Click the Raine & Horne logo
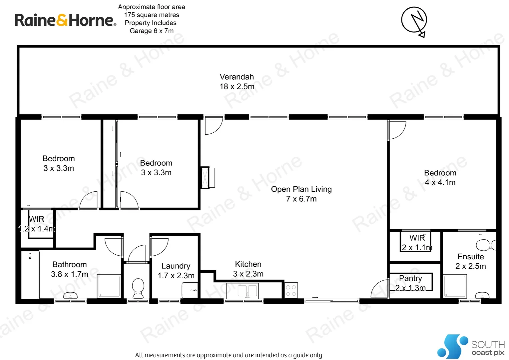[x=65, y=20]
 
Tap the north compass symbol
[x=414, y=21]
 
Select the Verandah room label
[x=237, y=77]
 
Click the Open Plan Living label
[x=301, y=189]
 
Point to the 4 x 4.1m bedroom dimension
[x=440, y=182]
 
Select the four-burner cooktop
[x=291, y=290]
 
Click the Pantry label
[x=410, y=278]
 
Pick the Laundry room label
[x=176, y=266]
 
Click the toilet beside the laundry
[x=138, y=288]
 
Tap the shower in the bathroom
[x=109, y=286]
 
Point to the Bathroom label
[x=69, y=265]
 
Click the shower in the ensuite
[x=455, y=286]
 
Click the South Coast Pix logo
[x=471, y=347]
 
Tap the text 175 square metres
[x=152, y=15]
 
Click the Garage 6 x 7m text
[x=152, y=31]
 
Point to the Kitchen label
[x=248, y=264]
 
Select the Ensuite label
[x=470, y=257]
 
